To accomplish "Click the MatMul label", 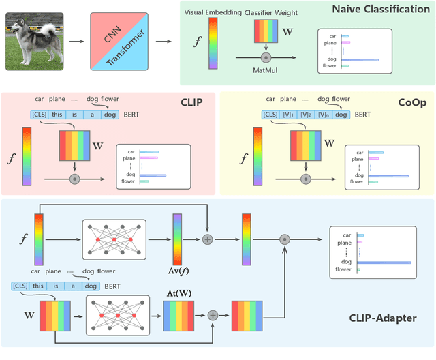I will [264, 70].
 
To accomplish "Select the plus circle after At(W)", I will [212, 314].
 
